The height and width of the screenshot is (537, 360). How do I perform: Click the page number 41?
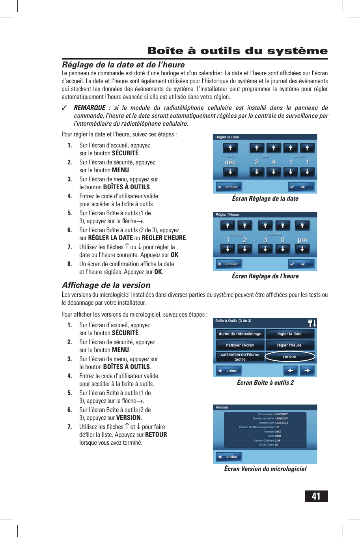pyautogui.click(x=316, y=496)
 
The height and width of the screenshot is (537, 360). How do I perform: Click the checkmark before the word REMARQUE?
pyautogui.click(x=64, y=108)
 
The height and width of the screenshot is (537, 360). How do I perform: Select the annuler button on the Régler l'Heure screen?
pyautogui.click(x=229, y=264)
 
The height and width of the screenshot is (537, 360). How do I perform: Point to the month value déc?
pyautogui.click(x=230, y=162)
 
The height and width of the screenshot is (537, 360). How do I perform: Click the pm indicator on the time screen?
pyautogui.click(x=302, y=240)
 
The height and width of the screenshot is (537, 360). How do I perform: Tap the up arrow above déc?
pyautogui.click(x=230, y=148)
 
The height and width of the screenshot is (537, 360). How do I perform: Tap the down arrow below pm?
pyautogui.click(x=302, y=249)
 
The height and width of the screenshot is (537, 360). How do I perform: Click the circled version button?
pyautogui.click(x=290, y=356)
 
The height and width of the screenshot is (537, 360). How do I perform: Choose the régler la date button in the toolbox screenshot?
pyautogui.click(x=290, y=334)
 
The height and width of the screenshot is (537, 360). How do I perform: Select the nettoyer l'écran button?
pyautogui.click(x=240, y=345)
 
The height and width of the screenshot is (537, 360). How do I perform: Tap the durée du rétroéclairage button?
pyautogui.click(x=240, y=334)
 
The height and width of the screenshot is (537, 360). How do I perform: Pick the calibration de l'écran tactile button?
pyautogui.click(x=240, y=357)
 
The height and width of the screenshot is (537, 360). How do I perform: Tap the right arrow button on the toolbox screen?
pyautogui.click(x=307, y=371)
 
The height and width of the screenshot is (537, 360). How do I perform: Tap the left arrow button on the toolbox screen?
pyautogui.click(x=291, y=371)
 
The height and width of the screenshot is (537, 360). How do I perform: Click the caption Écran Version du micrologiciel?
pyautogui.click(x=265, y=469)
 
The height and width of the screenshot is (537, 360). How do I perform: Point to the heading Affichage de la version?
pyautogui.click(x=106, y=285)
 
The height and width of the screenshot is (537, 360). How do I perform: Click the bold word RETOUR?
pyautogui.click(x=156, y=434)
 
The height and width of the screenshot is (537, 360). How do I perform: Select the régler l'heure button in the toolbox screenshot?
pyautogui.click(x=290, y=345)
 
